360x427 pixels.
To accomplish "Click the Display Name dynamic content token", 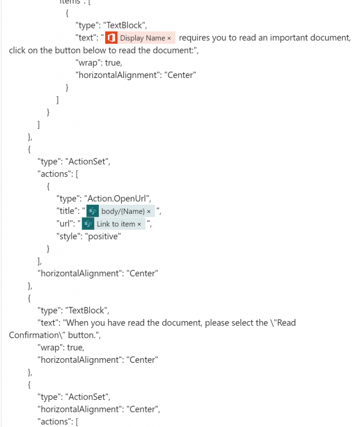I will coord(142,38).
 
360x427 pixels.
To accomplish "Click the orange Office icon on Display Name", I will coord(111,38).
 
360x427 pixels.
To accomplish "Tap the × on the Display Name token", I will coord(169,38).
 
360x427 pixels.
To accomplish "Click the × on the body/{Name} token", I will coord(149,212).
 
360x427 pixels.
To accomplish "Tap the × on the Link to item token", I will coord(139,224).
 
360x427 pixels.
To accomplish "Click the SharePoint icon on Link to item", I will coord(88,224).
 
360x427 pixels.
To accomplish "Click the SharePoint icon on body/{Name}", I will coord(93,211).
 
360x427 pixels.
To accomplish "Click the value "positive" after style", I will coord(104,237).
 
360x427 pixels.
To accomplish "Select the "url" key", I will coord(65,224).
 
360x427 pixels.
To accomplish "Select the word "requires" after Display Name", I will coord(194,38).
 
